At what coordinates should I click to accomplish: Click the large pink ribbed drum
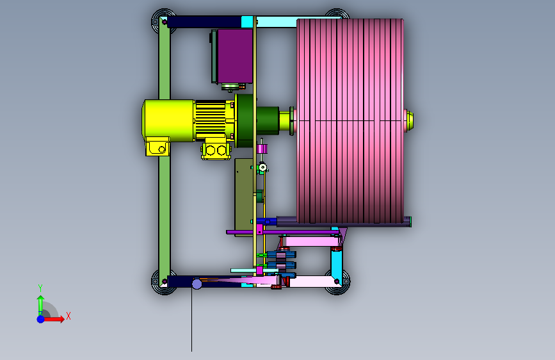pos(350,121)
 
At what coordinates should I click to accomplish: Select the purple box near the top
pos(235,56)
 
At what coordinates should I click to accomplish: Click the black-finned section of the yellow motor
pos(211,119)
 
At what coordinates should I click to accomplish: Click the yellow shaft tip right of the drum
pos(410,120)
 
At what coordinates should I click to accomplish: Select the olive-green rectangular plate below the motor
pos(244,197)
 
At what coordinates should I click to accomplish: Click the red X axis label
pos(68,316)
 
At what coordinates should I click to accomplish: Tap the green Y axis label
pos(40,288)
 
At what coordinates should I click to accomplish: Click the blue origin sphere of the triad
pos(41,319)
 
